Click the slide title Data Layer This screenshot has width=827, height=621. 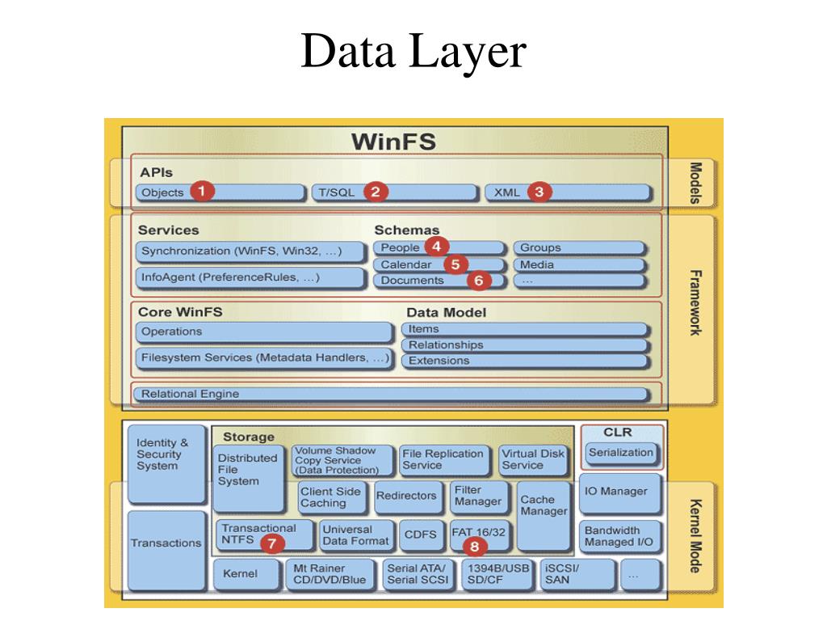pyautogui.click(x=413, y=52)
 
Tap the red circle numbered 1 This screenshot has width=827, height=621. pyautogui.click(x=202, y=191)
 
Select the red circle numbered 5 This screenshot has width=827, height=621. pyautogui.click(x=455, y=264)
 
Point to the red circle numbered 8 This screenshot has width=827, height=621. pyautogui.click(x=474, y=546)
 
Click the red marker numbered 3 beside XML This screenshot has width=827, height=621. pyautogui.click(x=539, y=192)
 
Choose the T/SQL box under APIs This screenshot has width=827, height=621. pyautogui.click(x=393, y=192)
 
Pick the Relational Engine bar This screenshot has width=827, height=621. pyautogui.click(x=393, y=394)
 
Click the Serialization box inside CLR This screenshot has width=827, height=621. pyautogui.click(x=620, y=453)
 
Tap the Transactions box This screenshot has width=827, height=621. pyautogui.click(x=166, y=543)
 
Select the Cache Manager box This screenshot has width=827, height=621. pyautogui.click(x=544, y=505)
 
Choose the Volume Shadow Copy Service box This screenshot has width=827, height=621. pyautogui.click(x=342, y=461)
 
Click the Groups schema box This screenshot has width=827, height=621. pyautogui.click(x=579, y=247)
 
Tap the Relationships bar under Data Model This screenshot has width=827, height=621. pyautogui.click(x=525, y=345)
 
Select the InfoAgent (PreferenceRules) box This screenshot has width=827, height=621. pyautogui.click(x=250, y=277)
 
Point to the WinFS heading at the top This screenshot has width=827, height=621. pyautogui.click(x=393, y=142)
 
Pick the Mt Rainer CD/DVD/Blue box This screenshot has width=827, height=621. pyautogui.click(x=331, y=574)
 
